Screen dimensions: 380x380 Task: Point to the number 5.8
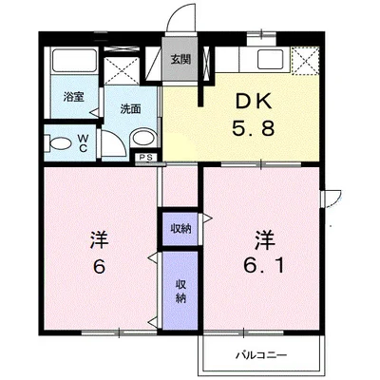tap(254, 128)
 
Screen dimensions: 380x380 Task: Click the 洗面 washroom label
tap(130, 108)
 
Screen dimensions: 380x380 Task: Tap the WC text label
tap(83, 142)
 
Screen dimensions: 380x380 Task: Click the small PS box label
tap(145, 157)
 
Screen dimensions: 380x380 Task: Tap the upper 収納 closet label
tap(180, 228)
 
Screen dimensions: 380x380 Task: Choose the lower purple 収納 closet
tap(180, 291)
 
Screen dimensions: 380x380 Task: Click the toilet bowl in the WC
tap(60, 142)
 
